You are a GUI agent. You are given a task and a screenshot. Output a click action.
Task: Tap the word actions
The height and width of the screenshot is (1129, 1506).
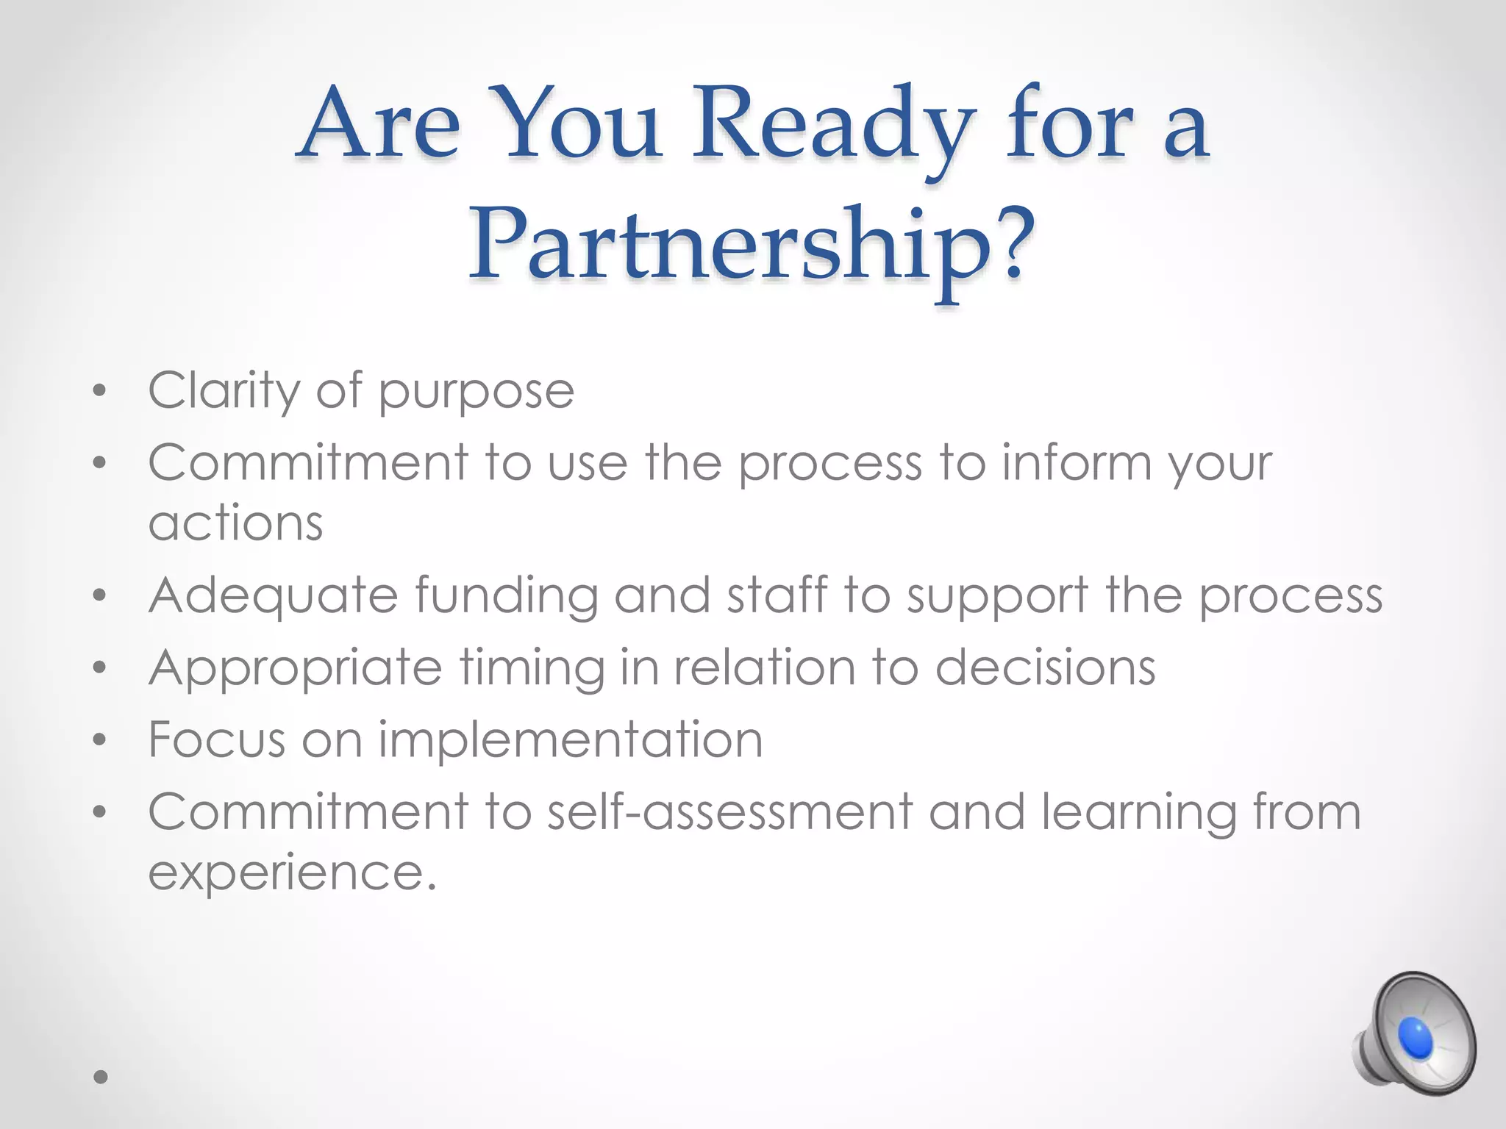point(235,523)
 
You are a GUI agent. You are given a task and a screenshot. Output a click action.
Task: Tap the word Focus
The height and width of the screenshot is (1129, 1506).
point(216,739)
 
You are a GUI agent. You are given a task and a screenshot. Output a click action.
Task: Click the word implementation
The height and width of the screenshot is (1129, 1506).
point(571,741)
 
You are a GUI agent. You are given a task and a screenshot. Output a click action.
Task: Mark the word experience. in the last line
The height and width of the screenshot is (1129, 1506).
point(292,873)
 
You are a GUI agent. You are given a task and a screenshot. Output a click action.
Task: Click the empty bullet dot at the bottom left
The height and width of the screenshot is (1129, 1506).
point(101,1077)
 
